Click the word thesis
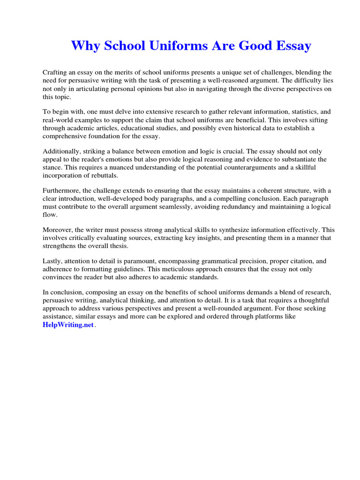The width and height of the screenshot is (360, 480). click(118, 246)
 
